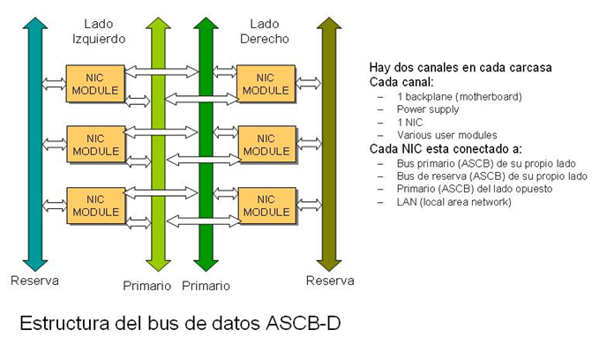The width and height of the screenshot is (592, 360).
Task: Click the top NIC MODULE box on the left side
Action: click(x=96, y=83)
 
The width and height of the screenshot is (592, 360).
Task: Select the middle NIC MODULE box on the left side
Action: click(x=96, y=145)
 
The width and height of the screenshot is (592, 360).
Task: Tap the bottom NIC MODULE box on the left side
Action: click(x=96, y=206)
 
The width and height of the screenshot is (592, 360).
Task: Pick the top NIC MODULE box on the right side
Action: click(x=266, y=83)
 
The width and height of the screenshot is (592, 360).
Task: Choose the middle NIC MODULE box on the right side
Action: click(x=266, y=145)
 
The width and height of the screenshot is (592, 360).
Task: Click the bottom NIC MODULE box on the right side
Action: click(x=266, y=206)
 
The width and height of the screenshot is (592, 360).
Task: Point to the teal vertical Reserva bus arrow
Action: click(x=34, y=141)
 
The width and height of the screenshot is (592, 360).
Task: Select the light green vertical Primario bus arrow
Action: click(x=157, y=141)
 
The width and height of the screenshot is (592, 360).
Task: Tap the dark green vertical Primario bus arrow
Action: click(x=206, y=141)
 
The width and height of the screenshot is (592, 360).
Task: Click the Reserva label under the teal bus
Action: click(x=34, y=281)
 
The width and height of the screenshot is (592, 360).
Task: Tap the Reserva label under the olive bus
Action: click(x=330, y=281)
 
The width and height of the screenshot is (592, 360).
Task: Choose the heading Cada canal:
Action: click(x=399, y=82)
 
